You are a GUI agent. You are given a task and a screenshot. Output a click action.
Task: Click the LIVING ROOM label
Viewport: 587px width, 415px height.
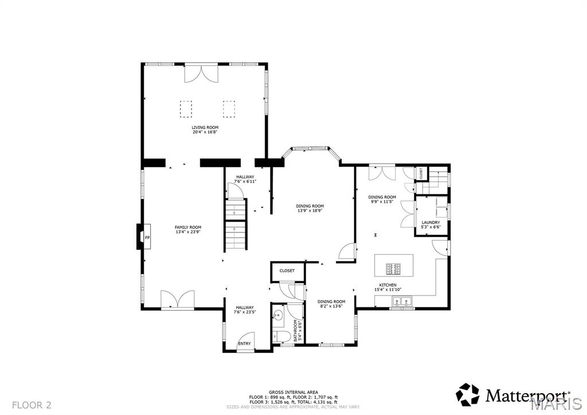coord(205,127)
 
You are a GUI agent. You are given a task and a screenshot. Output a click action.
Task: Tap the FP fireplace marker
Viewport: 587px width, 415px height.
coord(147,238)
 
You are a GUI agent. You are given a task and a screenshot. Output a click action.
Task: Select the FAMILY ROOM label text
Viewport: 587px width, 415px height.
coord(188,227)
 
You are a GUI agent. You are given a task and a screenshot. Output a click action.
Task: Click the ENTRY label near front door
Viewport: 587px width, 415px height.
coord(245,344)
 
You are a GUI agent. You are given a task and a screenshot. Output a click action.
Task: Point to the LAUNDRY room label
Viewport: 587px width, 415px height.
coord(431,222)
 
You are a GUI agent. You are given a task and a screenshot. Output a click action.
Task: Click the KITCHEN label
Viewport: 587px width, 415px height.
coord(388,285)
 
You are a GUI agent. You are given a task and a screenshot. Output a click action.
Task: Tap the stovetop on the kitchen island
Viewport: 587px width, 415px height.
coord(394,267)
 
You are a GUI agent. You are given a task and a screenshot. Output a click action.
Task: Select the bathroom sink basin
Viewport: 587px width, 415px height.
coord(278,315)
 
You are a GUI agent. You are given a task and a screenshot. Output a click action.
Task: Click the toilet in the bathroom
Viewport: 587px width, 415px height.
coord(277,336)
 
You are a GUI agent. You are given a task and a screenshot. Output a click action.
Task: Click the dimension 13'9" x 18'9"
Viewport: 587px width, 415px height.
coord(310,211)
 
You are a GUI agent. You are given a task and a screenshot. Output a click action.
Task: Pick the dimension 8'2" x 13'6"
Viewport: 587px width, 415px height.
coord(331,306)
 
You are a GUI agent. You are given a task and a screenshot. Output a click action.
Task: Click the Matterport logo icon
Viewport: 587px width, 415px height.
coord(467,394)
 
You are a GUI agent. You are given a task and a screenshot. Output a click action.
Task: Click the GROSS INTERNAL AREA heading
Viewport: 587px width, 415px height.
coord(293,392)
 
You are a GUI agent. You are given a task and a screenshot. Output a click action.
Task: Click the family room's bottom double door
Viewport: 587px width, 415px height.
coord(174,300)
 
